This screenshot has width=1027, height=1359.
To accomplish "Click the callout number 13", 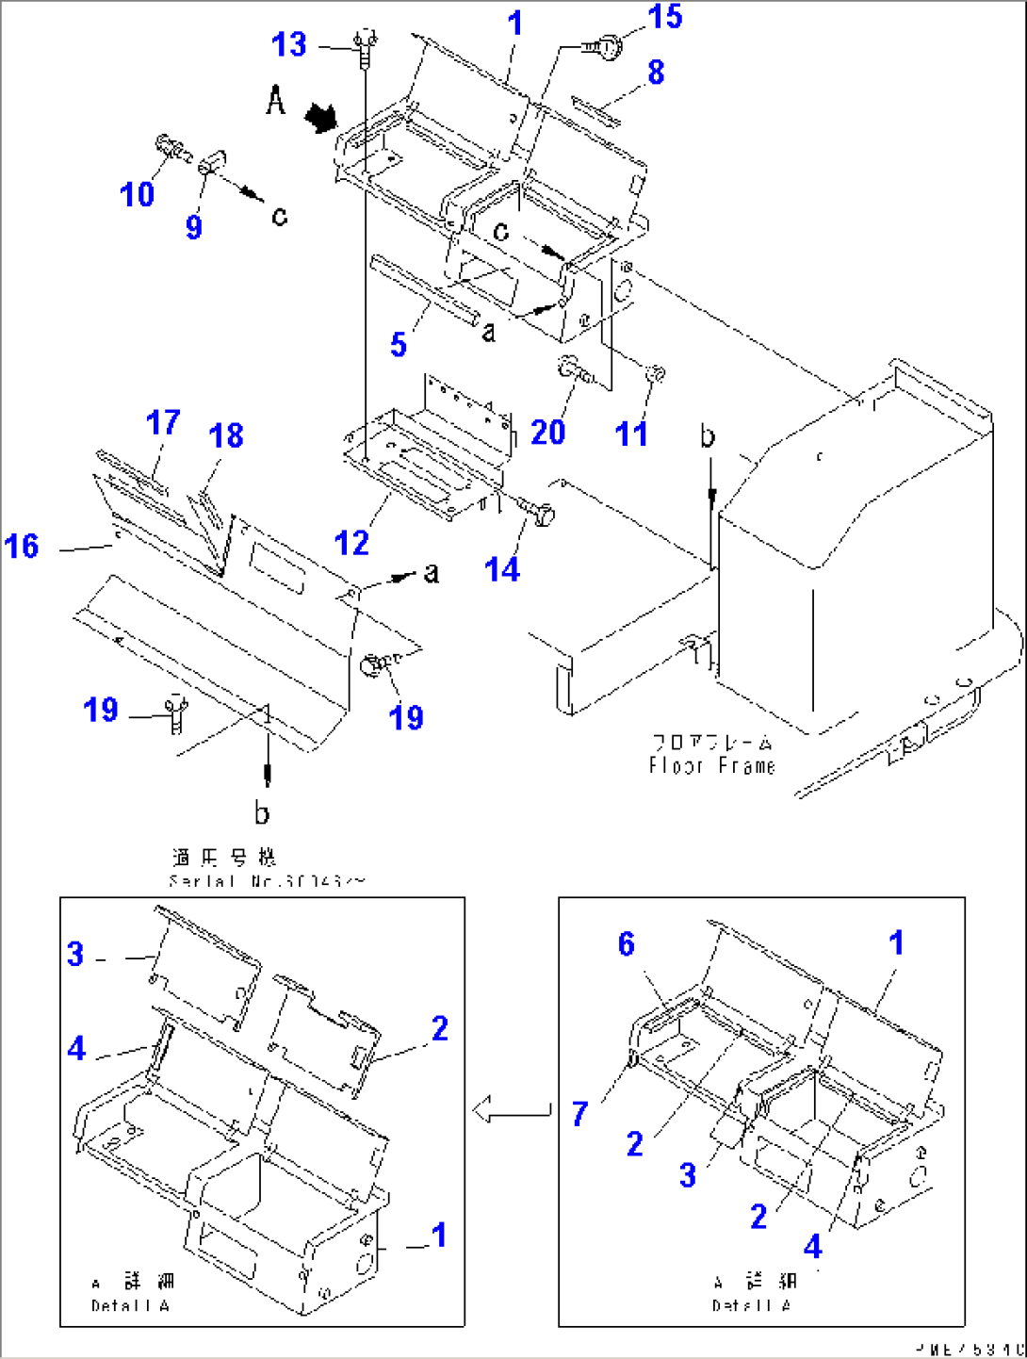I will (x=288, y=44).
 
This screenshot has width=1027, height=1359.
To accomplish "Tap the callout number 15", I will (x=664, y=17).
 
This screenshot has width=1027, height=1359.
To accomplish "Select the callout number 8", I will (x=656, y=73).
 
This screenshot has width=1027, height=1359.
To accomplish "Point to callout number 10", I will (x=137, y=194).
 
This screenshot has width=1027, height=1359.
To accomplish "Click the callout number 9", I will (x=193, y=226).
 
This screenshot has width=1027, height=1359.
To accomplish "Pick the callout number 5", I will (x=399, y=345).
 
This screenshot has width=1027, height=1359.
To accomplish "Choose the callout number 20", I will (x=547, y=433).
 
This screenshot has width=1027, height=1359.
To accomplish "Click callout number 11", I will (x=630, y=434).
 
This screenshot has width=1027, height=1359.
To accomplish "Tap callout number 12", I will (x=351, y=543).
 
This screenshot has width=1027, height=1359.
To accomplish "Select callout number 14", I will (x=501, y=569).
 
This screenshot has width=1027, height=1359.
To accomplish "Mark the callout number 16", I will (x=22, y=546).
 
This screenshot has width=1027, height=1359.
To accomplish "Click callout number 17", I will (x=163, y=422).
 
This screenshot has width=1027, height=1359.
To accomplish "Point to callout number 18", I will (x=226, y=435).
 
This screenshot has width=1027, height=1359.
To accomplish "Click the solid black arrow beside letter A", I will (x=320, y=118).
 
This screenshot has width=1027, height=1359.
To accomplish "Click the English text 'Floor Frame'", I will (x=711, y=765).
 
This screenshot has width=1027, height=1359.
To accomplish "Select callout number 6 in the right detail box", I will (x=627, y=943).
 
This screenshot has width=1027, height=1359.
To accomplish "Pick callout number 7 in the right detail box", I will (x=580, y=1114).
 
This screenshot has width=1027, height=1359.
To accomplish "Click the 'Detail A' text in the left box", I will (x=131, y=1305).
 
